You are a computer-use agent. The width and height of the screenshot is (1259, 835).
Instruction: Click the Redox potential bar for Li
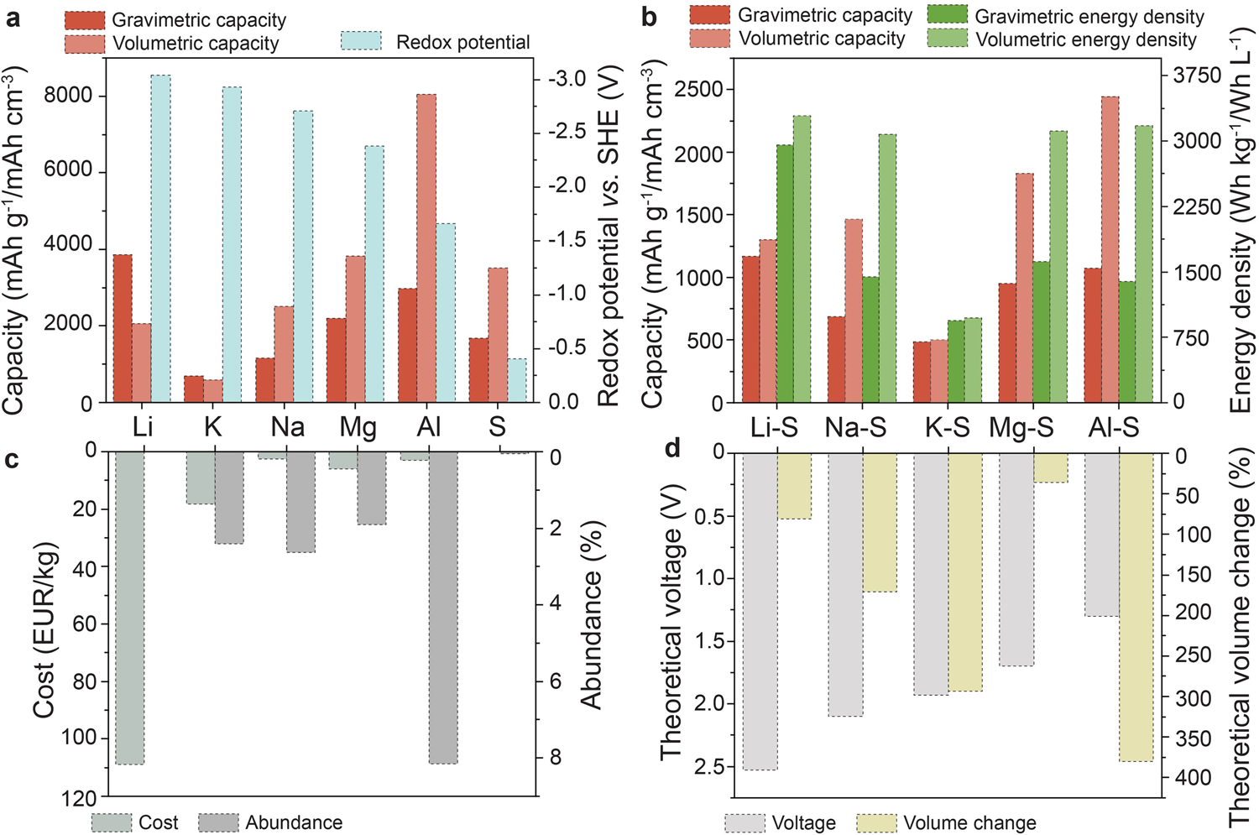point(160,239)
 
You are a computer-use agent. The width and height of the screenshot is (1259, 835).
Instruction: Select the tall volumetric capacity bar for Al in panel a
point(426,248)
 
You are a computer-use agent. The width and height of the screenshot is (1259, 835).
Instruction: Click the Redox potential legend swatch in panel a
point(361,42)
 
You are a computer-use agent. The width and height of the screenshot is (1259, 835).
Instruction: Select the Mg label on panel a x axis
point(358,426)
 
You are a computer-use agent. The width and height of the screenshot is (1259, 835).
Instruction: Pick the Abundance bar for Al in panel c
point(443,608)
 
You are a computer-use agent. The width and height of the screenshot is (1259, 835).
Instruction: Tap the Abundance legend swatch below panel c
point(218,822)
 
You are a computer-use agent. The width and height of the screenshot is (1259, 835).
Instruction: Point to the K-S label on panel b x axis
point(947,427)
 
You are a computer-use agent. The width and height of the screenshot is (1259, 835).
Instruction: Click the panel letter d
point(671,450)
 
